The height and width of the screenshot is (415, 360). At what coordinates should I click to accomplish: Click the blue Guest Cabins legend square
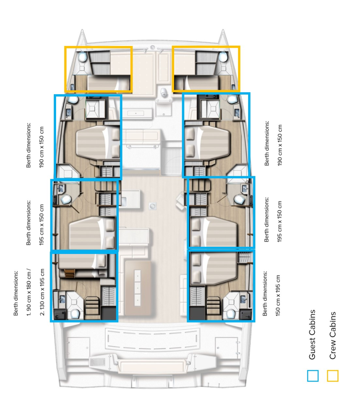tap(313, 376)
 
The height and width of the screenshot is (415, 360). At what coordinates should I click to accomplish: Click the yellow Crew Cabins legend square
tap(332, 376)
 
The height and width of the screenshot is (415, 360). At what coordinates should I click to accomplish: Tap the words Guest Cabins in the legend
tap(312, 335)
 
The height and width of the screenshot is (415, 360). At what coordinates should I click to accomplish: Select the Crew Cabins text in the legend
tap(332, 335)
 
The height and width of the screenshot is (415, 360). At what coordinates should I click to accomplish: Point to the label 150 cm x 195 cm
tap(278, 295)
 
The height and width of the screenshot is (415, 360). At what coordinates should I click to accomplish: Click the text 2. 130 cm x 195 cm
tap(42, 292)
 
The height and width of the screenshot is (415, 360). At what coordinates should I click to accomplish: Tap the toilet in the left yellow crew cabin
tap(83, 57)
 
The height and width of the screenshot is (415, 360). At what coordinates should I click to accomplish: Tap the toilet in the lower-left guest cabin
tap(75, 314)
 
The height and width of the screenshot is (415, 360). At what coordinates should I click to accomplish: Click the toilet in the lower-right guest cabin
tap(230, 314)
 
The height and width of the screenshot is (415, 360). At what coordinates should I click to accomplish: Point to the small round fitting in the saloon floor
tap(153, 206)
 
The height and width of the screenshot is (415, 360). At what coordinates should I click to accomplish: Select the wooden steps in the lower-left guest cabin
tap(92, 305)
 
